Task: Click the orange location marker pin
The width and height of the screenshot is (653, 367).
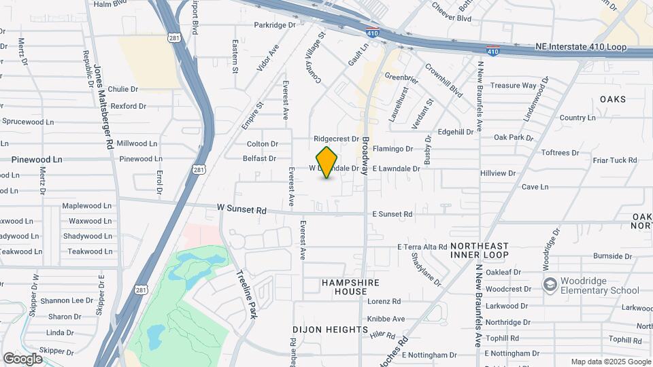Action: [x=327, y=162]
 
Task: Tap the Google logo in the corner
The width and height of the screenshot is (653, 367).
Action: [x=22, y=358]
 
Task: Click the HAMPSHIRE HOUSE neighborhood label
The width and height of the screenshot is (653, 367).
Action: [x=350, y=287]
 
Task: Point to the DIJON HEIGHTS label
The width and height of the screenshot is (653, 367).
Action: [x=330, y=330]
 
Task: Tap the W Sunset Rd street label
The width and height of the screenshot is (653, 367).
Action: [x=241, y=210]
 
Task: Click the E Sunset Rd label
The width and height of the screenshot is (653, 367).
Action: [x=392, y=214]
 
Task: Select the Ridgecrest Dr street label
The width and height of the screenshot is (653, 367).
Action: [x=336, y=139]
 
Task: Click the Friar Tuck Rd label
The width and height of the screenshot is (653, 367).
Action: [x=614, y=160]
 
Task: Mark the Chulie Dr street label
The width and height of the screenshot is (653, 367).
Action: [x=123, y=89]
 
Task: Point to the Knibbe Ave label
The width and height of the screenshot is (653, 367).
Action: [x=386, y=319]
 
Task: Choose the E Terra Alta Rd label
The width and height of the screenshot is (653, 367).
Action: [x=422, y=247]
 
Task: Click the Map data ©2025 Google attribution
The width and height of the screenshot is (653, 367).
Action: [x=610, y=362]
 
